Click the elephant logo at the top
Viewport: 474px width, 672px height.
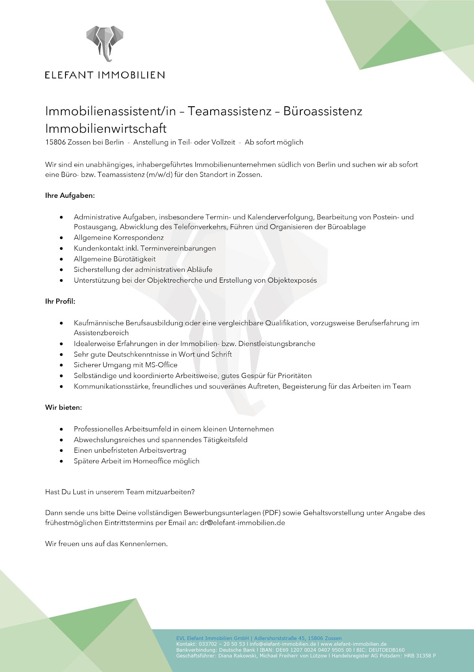(x=105, y=43)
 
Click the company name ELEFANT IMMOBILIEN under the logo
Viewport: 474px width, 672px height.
(x=105, y=75)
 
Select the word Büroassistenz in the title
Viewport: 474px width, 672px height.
(x=323, y=111)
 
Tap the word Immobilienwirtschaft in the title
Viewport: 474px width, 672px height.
(x=106, y=128)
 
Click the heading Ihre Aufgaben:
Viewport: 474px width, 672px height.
(x=70, y=196)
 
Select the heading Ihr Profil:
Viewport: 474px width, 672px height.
(x=60, y=302)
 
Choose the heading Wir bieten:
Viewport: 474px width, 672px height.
(x=64, y=408)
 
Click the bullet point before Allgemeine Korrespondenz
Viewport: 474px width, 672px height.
(x=62, y=238)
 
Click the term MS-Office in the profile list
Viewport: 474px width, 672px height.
(x=161, y=365)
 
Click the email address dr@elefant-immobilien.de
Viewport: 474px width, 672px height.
(x=242, y=523)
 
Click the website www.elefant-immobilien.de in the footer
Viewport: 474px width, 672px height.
(x=354, y=644)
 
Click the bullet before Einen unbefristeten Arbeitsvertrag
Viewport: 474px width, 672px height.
(x=62, y=451)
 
